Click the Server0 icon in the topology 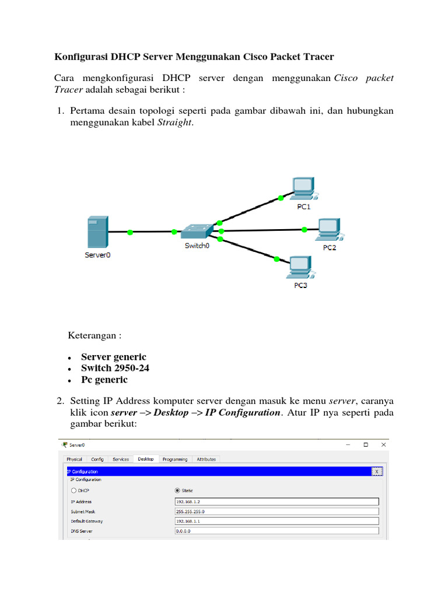click(97, 232)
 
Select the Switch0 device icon click(197, 231)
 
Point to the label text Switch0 click(197, 246)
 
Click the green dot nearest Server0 click(129, 232)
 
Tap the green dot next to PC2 click(304, 230)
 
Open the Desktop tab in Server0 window click(146, 459)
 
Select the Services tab click(121, 459)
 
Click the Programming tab click(175, 459)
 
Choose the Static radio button click(178, 490)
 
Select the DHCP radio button click(74, 490)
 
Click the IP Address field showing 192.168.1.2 click(276, 501)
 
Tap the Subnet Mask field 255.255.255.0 click(276, 511)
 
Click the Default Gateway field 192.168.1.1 click(276, 521)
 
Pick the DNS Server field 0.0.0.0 click(276, 531)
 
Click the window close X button click(383, 444)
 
